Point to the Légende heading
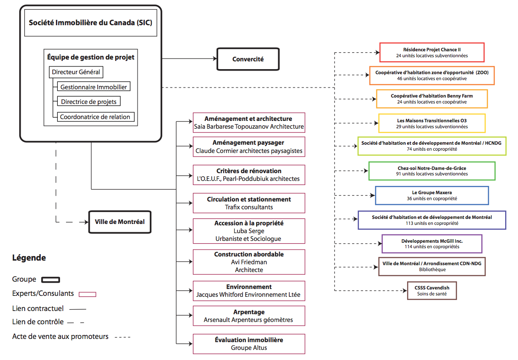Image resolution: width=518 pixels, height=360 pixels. click(x=29, y=258)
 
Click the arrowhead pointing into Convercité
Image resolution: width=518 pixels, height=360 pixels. click(x=215, y=59)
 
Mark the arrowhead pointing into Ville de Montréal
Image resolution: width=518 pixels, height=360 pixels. click(x=86, y=222)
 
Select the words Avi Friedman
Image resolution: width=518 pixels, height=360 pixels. click(x=249, y=262)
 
